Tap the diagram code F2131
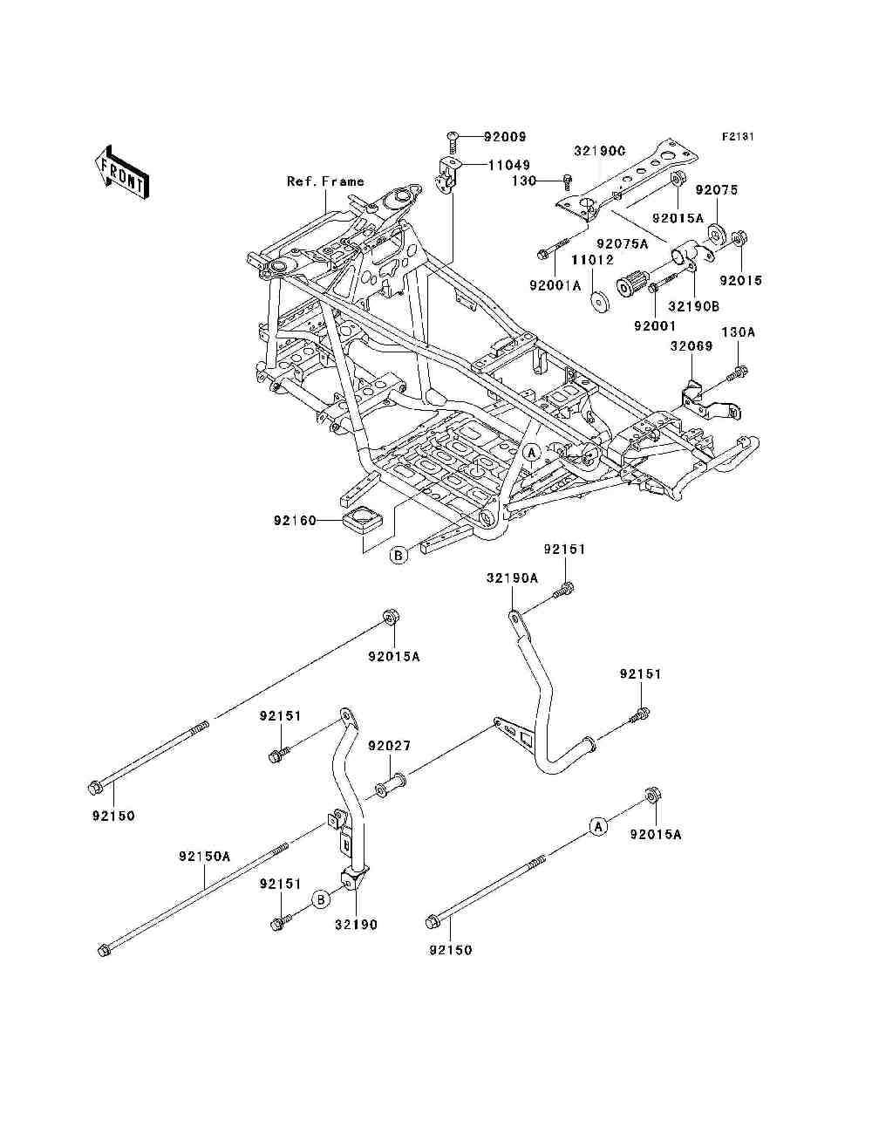tap(736, 137)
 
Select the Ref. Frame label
tap(325, 181)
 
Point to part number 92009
tap(506, 137)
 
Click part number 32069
tap(691, 346)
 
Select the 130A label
tap(737, 331)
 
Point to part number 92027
tap(389, 747)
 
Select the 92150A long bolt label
tap(204, 857)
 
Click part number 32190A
tap(512, 577)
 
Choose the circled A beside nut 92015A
tap(597, 826)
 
